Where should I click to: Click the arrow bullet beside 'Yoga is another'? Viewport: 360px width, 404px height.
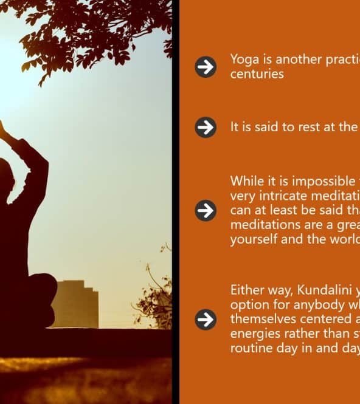(x=206, y=67)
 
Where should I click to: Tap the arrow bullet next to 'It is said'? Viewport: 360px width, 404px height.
(x=206, y=128)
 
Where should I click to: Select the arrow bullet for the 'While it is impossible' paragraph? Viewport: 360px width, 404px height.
(x=206, y=210)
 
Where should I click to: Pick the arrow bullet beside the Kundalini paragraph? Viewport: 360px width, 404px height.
(x=206, y=320)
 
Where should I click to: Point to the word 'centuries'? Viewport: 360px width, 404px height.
(x=257, y=74)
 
